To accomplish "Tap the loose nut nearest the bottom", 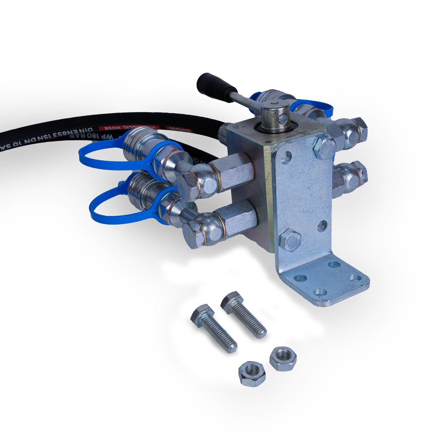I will [252, 370].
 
